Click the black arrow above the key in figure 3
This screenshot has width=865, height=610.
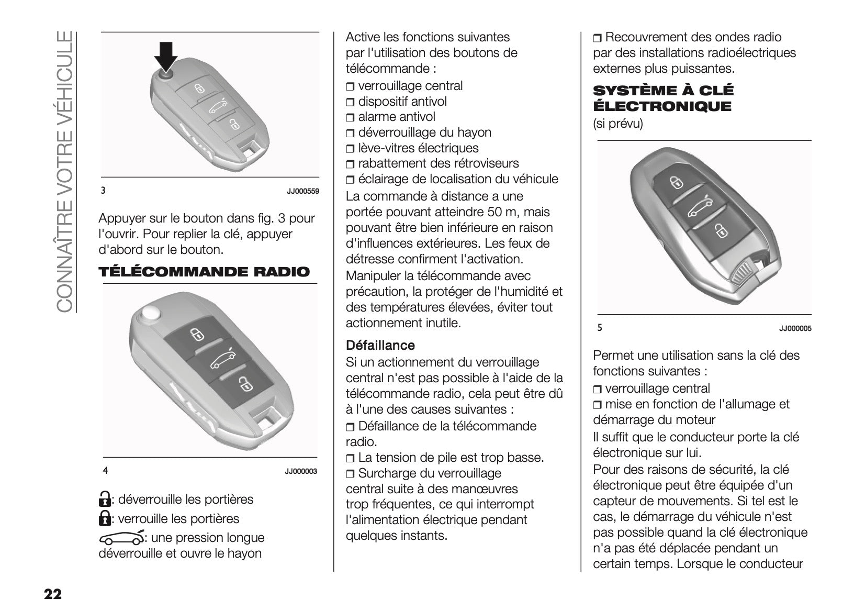[165, 57]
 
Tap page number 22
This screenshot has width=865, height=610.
[53, 594]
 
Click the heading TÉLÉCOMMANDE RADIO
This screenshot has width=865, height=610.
[204, 272]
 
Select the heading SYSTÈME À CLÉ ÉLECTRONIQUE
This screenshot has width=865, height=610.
[663, 98]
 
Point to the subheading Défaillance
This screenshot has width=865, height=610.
[380, 346]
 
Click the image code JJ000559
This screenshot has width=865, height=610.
[302, 192]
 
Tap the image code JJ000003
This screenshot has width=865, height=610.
[301, 471]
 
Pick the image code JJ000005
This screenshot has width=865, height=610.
[795, 329]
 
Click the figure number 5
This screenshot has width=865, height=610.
[600, 328]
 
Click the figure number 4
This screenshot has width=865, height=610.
[105, 471]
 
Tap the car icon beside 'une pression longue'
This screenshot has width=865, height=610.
[121, 538]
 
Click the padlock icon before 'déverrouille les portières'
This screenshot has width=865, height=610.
[105, 500]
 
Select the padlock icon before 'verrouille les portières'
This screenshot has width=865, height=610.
[105, 519]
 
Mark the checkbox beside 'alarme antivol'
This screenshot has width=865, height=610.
[351, 118]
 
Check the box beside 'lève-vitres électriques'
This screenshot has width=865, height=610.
[351, 149]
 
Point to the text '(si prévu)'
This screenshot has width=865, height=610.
[617, 124]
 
